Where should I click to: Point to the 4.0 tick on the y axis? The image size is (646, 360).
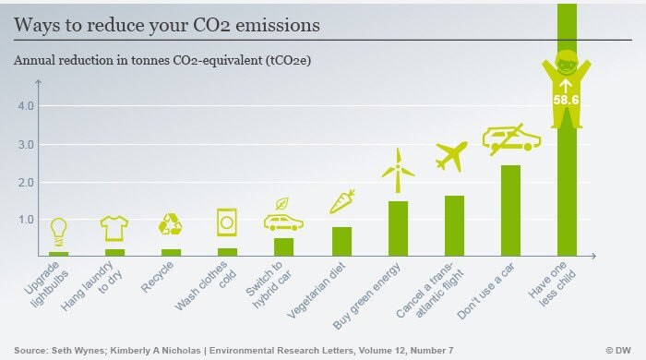point(26,106)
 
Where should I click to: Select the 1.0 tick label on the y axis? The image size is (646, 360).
point(26,220)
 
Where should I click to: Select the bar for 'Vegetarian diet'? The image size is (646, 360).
point(341,241)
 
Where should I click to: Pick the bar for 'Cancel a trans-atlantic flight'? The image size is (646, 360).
point(454,225)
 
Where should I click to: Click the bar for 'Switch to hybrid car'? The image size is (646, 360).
point(284,246)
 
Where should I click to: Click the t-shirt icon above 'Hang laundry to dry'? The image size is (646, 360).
point(115,227)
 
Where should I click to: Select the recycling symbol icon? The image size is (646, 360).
point(171,225)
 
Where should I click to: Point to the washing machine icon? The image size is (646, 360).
point(227,222)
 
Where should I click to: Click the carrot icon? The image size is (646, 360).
point(343,200)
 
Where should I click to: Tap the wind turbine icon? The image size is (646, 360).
point(398,170)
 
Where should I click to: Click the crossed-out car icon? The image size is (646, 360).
point(510,138)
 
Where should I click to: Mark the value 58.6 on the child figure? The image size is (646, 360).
point(566,99)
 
